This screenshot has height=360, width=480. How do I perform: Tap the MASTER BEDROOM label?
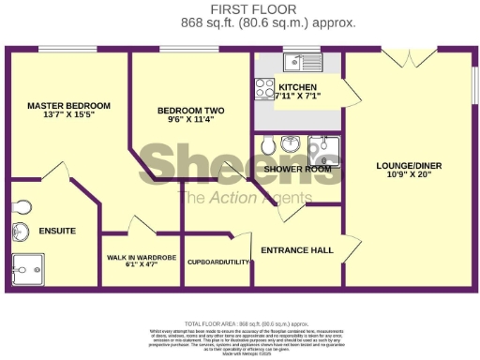point(68,106)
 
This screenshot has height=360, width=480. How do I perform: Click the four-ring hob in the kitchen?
point(264,90)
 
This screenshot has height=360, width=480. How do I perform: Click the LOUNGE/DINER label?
point(409,166)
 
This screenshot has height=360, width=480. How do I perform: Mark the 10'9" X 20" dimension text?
point(409,175)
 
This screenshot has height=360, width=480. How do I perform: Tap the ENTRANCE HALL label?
point(296,250)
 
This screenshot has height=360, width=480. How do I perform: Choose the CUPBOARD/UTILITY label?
point(219,262)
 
